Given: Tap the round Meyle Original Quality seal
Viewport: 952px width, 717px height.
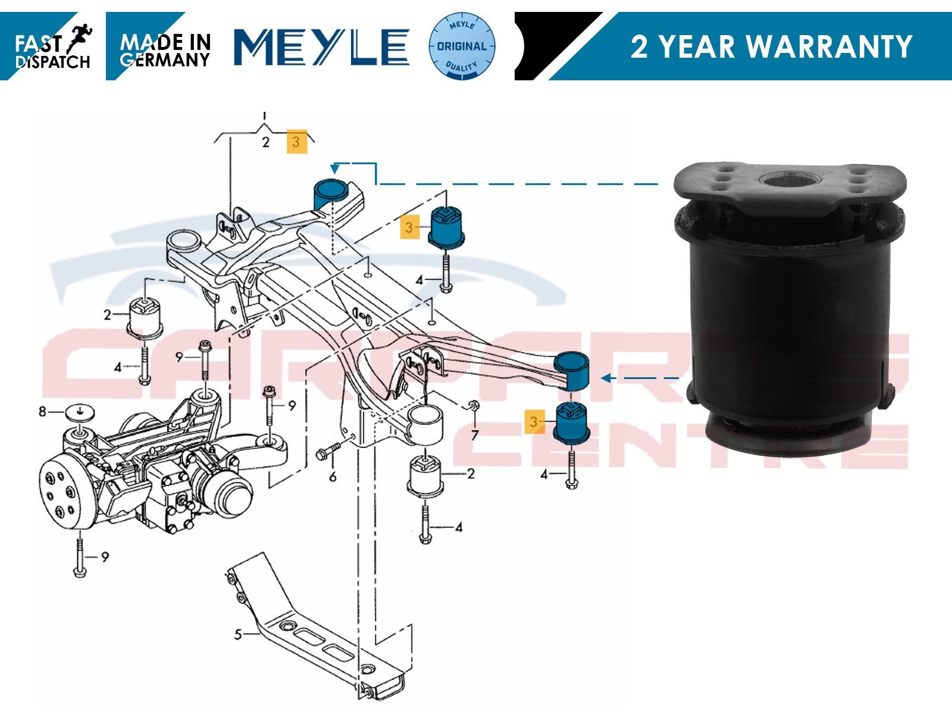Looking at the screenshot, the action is tap(462, 46).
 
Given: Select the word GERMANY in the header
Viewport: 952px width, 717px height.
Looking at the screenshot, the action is tap(165, 60).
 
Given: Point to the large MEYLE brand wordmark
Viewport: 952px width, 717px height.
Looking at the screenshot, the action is tap(321, 47).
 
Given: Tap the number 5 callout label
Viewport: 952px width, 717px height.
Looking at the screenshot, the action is tap(237, 635).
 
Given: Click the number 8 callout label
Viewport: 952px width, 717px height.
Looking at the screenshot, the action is tap(42, 411).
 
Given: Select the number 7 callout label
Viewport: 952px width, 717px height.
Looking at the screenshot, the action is tap(475, 435).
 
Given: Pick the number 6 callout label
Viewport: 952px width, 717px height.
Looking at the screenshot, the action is tap(333, 477).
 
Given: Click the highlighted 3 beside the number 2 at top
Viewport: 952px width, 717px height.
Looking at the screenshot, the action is tap(297, 142).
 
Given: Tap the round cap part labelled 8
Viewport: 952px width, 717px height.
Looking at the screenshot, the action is tap(80, 412).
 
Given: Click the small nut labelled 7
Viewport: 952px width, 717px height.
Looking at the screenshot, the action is tap(474, 406).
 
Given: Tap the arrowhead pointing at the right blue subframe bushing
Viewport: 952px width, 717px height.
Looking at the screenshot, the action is tap(606, 378).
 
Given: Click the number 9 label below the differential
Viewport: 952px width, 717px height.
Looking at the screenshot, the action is tap(105, 557).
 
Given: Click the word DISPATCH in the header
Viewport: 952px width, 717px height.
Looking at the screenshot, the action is tap(52, 62).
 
